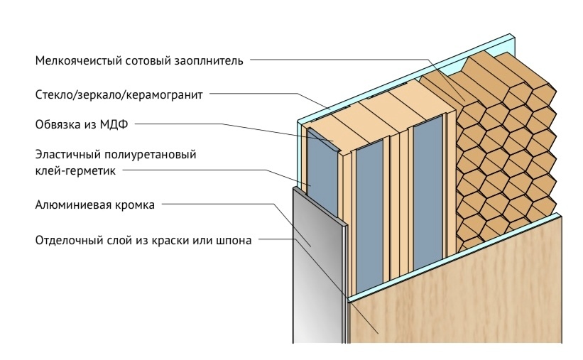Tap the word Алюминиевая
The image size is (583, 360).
pos(72,204)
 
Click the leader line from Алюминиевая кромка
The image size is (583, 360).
pos(227,204)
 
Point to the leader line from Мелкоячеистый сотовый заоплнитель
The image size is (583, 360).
pos(341,60)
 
